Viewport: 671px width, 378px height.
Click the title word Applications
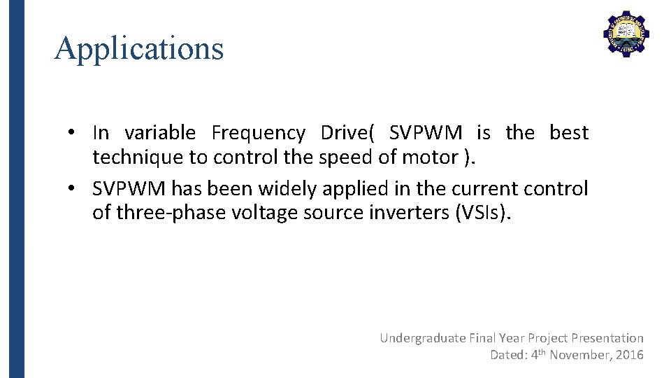pos(139,48)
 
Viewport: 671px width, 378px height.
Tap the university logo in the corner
pos(626,33)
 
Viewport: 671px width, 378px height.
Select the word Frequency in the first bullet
pos(258,132)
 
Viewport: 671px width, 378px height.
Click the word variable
pos(160,132)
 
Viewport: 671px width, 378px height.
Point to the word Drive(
pos(348,132)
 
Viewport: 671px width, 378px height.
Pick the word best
pos(569,132)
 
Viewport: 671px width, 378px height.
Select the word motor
pos(430,157)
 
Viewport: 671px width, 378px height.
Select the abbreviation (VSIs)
pos(483,213)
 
